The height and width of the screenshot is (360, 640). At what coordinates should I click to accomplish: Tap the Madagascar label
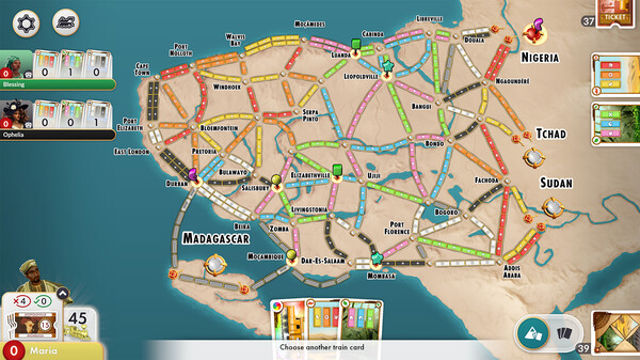point(215,238)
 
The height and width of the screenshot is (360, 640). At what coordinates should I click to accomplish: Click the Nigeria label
point(553,58)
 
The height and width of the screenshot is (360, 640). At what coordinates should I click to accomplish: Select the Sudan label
point(556,183)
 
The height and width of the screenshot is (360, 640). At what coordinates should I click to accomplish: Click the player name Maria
point(42,350)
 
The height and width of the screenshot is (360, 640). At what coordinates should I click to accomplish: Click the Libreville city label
point(455,19)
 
